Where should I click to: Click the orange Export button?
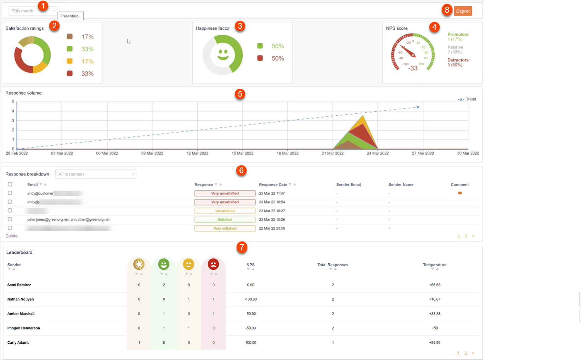[462, 11]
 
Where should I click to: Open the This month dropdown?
[32, 11]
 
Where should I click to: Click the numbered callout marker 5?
[240, 94]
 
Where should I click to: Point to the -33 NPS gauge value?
[413, 68]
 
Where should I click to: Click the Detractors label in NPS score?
[458, 60]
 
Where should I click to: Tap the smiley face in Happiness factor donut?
[223, 54]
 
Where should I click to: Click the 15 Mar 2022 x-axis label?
[242, 153]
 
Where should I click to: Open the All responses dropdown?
[96, 174]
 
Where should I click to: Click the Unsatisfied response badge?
[225, 211]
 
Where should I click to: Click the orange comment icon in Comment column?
[459, 193]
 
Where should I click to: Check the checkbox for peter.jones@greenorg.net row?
[10, 219]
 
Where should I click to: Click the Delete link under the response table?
[11, 236]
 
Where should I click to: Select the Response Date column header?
[273, 185]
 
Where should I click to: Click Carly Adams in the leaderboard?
[18, 343]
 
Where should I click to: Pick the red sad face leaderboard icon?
[213, 264]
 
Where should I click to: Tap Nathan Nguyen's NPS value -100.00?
[250, 299]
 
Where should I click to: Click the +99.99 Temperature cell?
[435, 343]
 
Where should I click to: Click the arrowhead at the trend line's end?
[418, 107]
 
